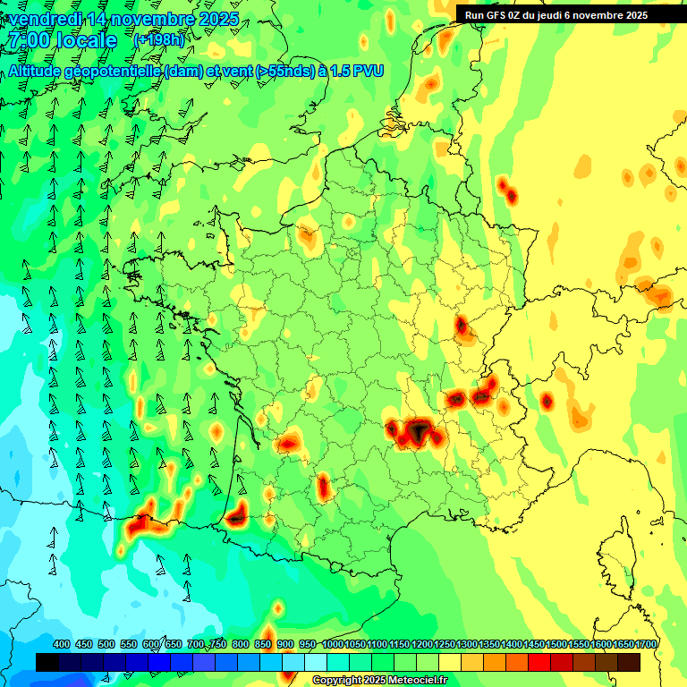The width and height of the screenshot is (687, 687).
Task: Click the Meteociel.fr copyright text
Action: (x=379, y=681)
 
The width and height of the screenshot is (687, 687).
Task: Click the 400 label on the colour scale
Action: (x=62, y=645)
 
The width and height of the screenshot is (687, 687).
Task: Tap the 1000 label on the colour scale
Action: (x=333, y=645)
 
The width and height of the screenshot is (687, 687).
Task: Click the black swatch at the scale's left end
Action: (x=47, y=662)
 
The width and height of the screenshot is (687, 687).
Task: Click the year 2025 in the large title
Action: (x=218, y=19)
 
